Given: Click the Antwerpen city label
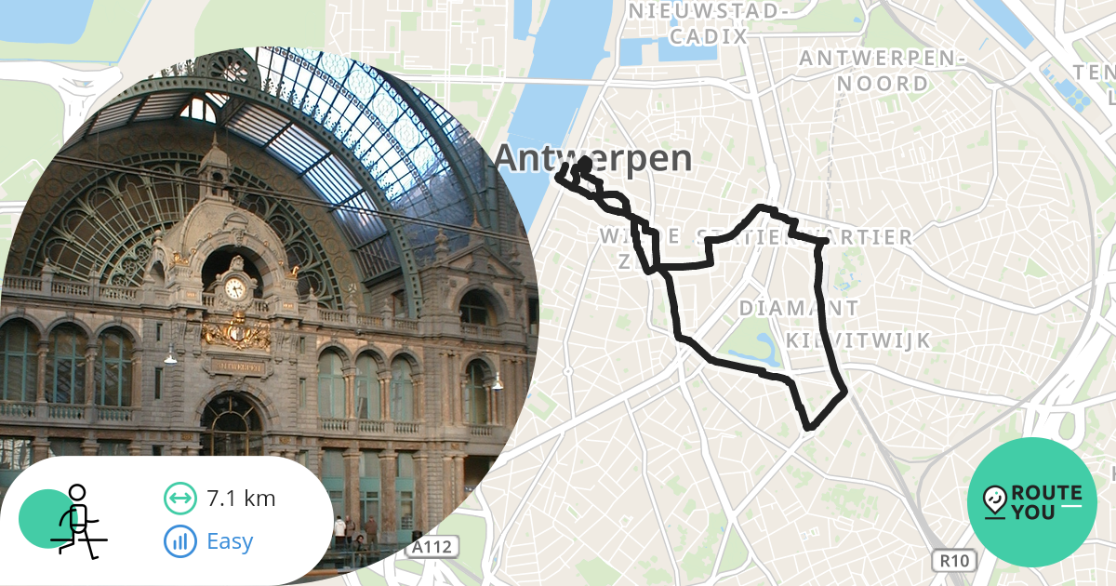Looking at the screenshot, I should [593, 158].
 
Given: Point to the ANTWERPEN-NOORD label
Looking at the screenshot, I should [883, 71].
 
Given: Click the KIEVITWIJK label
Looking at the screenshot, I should [857, 340].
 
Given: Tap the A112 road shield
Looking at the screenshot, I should [433, 548].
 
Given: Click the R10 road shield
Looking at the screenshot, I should [952, 560].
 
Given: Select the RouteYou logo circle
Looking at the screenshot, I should [1032, 502].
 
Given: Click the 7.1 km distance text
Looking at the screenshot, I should [242, 499].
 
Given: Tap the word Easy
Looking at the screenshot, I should [230, 540].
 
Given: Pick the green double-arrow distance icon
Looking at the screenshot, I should [179, 499].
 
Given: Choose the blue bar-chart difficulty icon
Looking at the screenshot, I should [179, 540].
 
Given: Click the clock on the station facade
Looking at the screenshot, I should [235, 287].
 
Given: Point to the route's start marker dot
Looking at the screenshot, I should [585, 163].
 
